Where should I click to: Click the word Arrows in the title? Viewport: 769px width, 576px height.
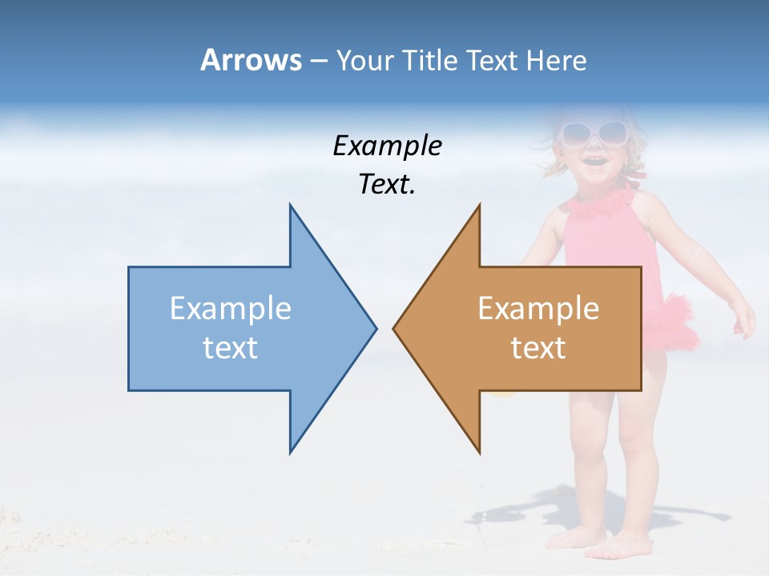point(251,60)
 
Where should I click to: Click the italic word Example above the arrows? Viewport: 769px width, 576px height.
point(387,146)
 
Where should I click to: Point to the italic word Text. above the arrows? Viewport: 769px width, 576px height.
point(387,185)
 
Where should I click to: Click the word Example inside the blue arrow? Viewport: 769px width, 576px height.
point(231,308)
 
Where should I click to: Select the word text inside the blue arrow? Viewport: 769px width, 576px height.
point(231,348)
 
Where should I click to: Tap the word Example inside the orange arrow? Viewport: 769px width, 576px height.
point(538,308)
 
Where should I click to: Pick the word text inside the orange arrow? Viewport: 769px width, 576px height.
point(538,348)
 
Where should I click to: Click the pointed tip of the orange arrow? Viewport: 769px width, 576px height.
point(396,327)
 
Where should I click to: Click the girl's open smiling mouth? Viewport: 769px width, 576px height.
point(594,162)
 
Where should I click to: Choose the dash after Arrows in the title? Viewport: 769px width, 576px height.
point(318,61)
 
